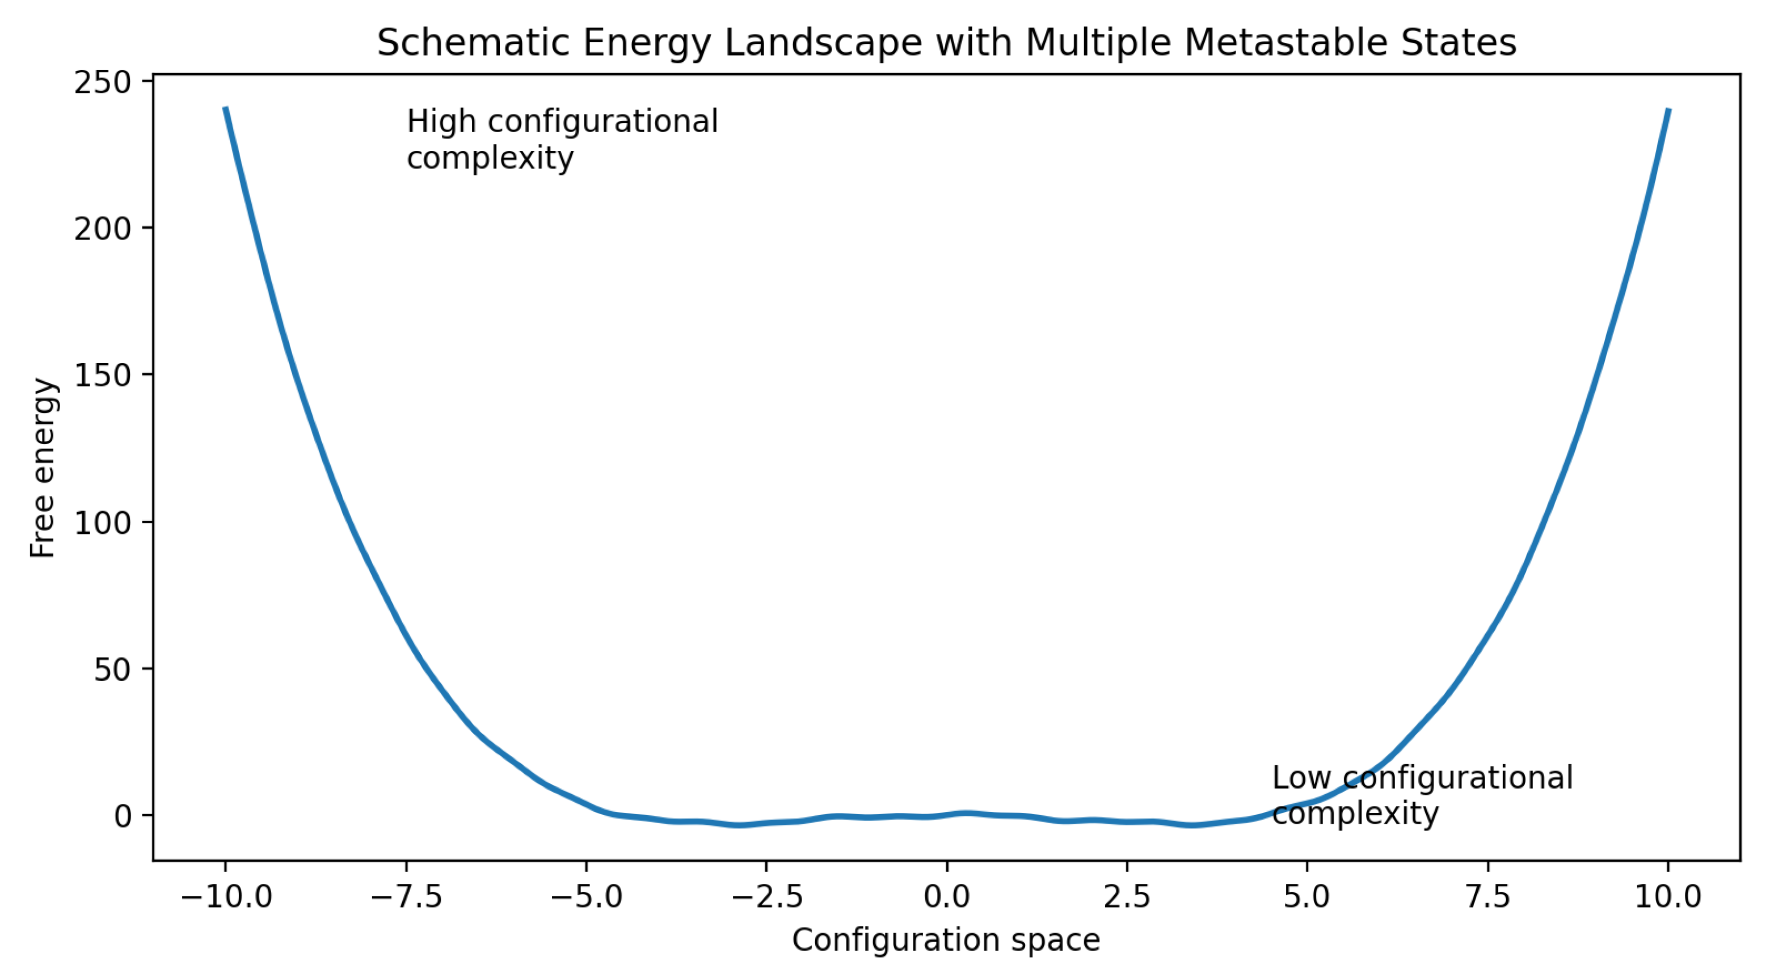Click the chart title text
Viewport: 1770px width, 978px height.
(946, 43)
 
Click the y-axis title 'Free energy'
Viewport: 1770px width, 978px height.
(43, 467)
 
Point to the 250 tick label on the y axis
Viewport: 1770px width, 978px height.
(102, 82)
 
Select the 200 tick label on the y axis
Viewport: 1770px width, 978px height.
(102, 228)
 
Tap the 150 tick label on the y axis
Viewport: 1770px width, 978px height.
(102, 375)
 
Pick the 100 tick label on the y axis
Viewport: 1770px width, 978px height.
(102, 522)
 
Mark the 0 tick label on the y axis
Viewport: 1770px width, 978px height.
(123, 816)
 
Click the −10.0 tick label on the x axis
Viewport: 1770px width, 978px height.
(226, 897)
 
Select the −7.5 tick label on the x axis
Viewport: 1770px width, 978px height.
(406, 897)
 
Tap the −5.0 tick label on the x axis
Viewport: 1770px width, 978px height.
(586, 897)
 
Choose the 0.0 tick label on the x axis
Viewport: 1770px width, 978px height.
(947, 897)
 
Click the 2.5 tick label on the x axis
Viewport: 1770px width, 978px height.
(1127, 897)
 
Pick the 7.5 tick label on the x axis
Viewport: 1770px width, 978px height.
(1487, 897)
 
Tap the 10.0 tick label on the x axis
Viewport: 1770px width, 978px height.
(1668, 897)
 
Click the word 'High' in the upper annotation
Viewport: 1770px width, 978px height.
(441, 123)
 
